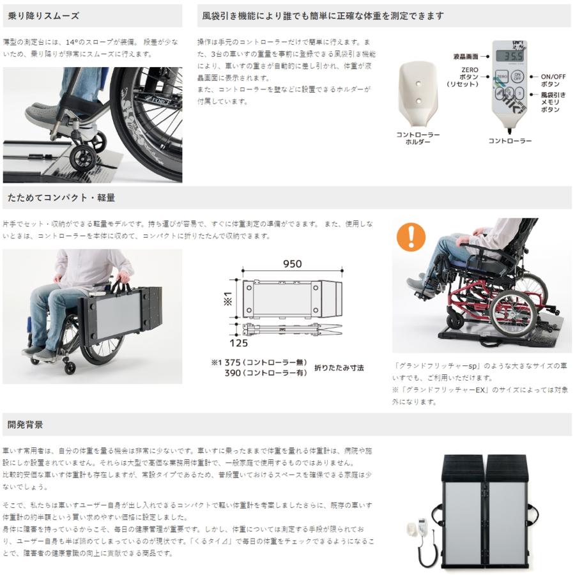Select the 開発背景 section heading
26,424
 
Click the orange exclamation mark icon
411,236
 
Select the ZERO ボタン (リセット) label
463,76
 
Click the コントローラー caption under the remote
510,140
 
